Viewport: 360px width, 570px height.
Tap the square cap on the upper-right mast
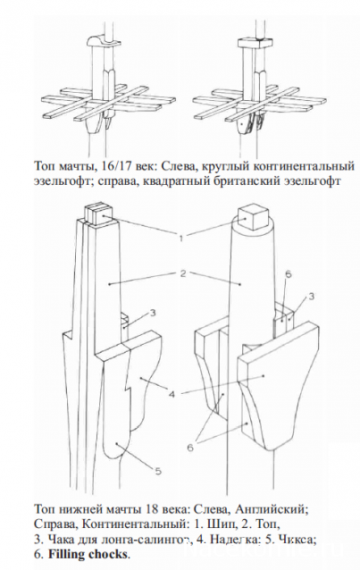249,41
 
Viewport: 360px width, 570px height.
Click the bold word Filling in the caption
72,554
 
